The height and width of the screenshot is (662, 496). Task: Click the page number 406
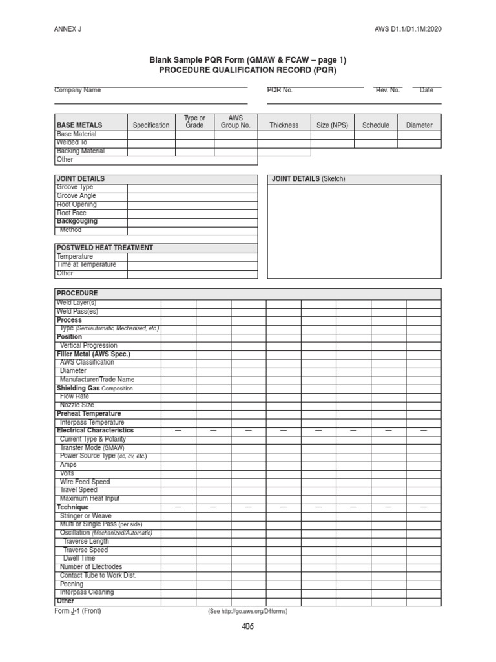[x=247, y=626]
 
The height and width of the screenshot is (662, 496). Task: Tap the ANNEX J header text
[x=67, y=29]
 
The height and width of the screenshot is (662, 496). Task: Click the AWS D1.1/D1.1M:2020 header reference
[x=409, y=29]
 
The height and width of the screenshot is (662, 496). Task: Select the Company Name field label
[x=77, y=91]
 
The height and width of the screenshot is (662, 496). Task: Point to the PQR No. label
[x=280, y=91]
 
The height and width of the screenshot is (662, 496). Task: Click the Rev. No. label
[x=387, y=91]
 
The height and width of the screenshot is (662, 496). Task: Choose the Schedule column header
[x=376, y=125]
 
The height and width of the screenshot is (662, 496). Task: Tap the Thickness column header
[x=284, y=125]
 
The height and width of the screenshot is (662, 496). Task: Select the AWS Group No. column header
[x=236, y=122]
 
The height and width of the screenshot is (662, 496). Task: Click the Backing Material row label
[x=81, y=151]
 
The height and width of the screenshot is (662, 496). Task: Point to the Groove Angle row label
[x=77, y=196]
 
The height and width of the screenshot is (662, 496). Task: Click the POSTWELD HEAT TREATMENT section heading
[x=105, y=248]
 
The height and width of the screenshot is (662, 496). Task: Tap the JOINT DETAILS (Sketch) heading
[x=309, y=179]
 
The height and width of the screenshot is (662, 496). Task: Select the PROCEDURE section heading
[x=77, y=293]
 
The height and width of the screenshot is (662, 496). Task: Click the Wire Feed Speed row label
[x=85, y=482]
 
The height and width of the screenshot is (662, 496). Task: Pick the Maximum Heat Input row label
[x=90, y=499]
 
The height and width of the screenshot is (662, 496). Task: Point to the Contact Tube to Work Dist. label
[x=98, y=575]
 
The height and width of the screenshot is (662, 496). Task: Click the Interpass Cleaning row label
[x=87, y=592]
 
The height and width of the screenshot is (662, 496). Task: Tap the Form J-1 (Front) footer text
[x=77, y=610]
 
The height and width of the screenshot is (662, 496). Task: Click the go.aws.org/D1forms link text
[x=247, y=612]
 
